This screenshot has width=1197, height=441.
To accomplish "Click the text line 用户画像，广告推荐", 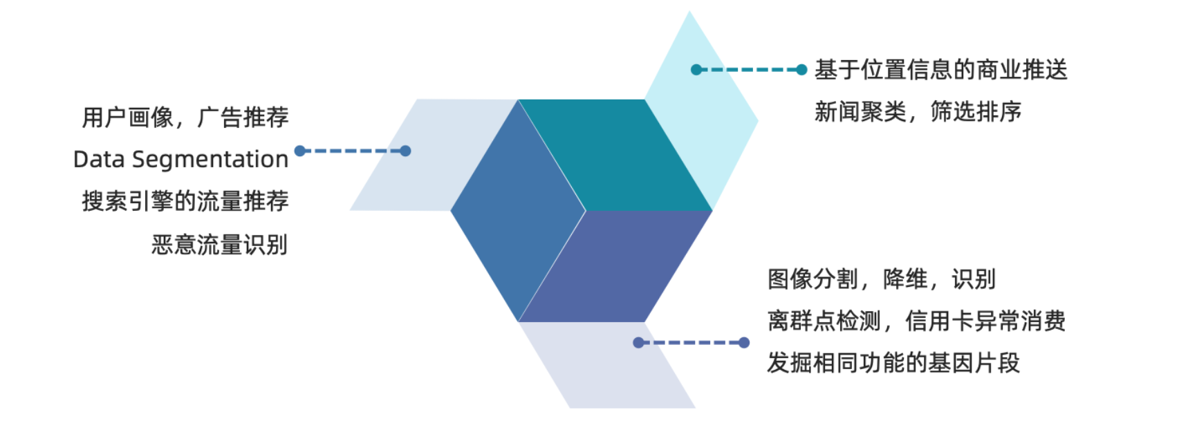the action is tap(185, 118).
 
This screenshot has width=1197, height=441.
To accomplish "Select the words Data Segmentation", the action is tap(180, 160).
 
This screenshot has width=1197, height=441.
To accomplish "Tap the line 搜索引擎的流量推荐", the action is tap(185, 202).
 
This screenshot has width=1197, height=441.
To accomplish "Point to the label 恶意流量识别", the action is tap(219, 245).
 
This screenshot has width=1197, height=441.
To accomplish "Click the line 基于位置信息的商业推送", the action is tap(940, 70).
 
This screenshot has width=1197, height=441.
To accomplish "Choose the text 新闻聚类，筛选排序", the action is tap(918, 112).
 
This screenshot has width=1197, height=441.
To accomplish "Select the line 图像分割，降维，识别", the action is tap(881, 280).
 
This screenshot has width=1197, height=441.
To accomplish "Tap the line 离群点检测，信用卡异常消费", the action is tap(916, 321).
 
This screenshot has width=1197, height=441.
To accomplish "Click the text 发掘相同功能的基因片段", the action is tap(893, 363).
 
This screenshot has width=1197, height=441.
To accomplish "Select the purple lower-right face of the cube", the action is tap(615, 267).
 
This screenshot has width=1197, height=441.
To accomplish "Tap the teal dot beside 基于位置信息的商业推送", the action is tap(801, 70).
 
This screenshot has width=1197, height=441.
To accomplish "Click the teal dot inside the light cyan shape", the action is tap(696, 70).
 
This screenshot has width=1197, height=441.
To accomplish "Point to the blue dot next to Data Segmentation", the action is tap(300, 151).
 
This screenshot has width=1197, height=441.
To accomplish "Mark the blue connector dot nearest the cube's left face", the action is tap(406, 151).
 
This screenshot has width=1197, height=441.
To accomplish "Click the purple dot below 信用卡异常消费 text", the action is tap(744, 342).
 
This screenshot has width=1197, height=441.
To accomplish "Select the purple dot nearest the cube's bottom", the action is tap(638, 342).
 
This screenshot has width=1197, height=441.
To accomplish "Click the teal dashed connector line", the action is tap(749, 70).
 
